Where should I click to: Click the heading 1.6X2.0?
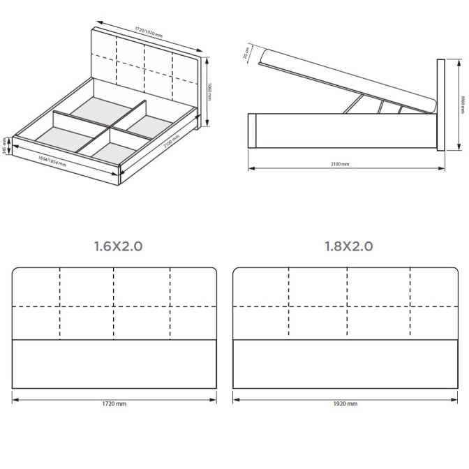tap(118, 246)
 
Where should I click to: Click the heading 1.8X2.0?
tap(348, 246)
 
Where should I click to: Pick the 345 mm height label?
tap(5, 146)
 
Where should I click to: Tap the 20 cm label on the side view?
tap(246, 53)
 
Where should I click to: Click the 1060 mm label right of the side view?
tap(462, 105)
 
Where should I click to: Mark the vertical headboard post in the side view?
tap(440, 105)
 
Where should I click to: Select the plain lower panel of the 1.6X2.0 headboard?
tap(115, 363)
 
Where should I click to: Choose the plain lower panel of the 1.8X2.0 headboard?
tap(345, 363)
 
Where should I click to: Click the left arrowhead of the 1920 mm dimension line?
tap(235, 400)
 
